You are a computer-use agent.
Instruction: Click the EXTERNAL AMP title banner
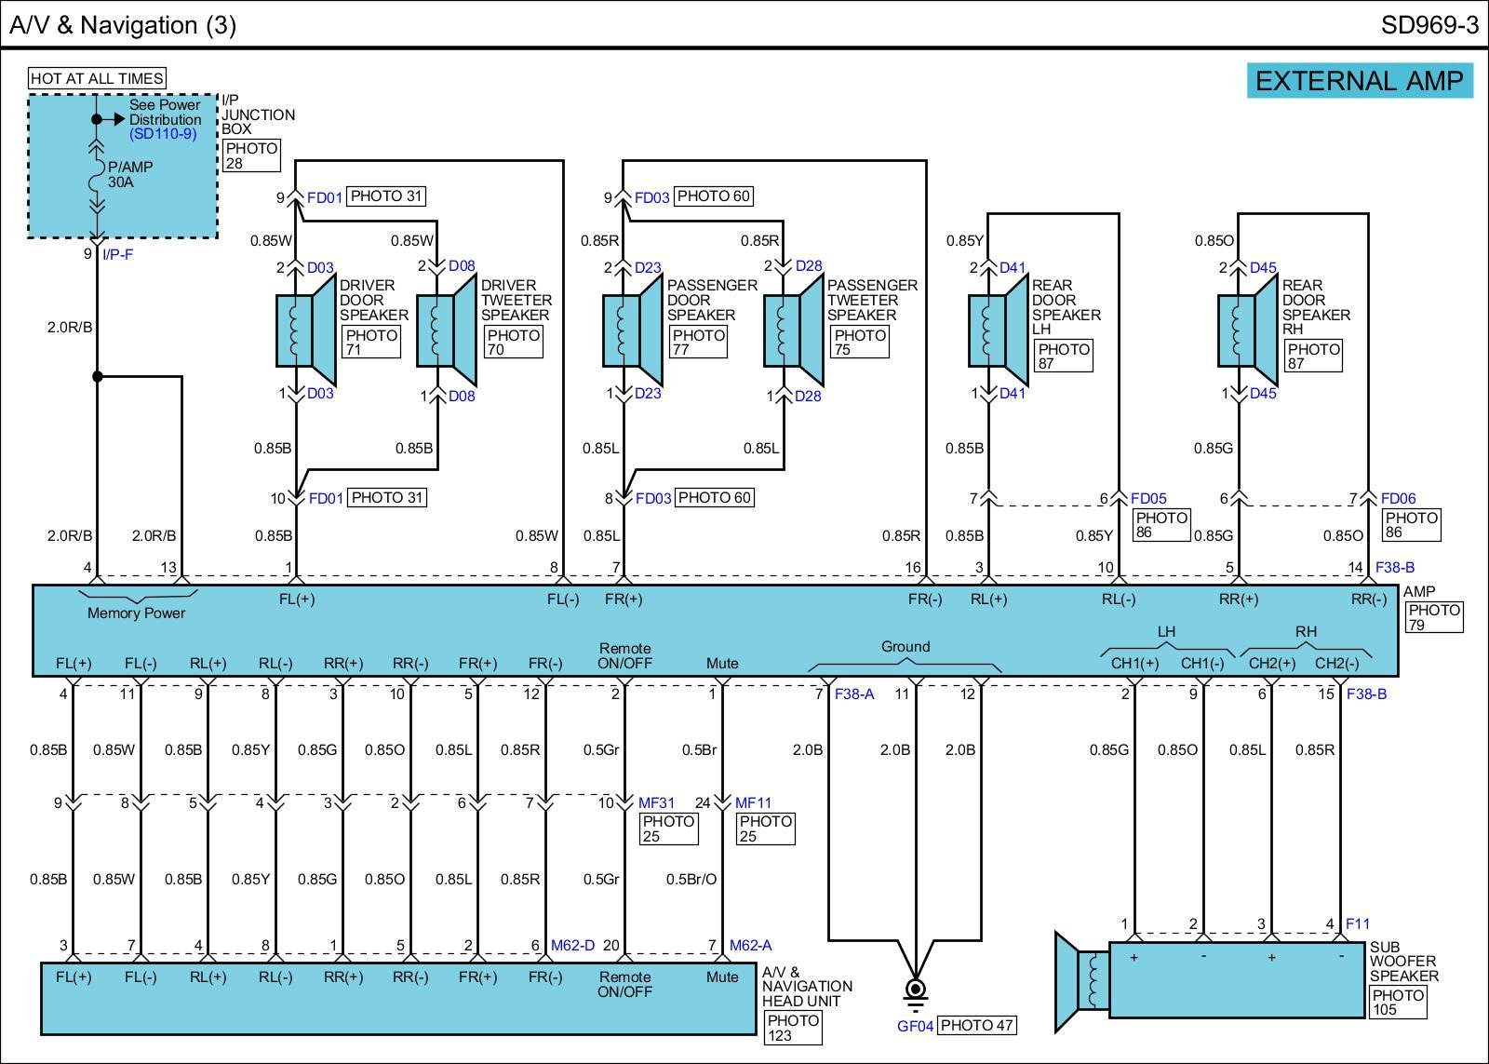1360,81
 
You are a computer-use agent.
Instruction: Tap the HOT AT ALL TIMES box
97,78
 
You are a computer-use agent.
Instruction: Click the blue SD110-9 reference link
163,134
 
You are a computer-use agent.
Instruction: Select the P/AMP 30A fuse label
130,174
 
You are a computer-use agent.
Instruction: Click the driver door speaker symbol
306,330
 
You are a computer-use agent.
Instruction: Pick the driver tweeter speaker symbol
447,330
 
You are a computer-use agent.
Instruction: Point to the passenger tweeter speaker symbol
794,330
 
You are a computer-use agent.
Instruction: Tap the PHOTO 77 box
699,342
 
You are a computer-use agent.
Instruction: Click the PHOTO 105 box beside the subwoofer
1399,1003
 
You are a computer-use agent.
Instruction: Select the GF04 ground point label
916,1026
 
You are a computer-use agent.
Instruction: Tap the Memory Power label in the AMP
136,613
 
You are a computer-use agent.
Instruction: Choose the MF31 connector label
656,803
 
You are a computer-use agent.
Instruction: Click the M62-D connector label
572,946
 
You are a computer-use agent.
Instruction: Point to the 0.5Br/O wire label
691,879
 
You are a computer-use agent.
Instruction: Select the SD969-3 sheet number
1429,25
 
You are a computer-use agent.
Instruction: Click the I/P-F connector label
117,255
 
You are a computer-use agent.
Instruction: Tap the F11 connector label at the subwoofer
1358,923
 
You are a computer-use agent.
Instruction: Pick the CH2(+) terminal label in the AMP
1271,663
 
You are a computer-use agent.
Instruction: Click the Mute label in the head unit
722,976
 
